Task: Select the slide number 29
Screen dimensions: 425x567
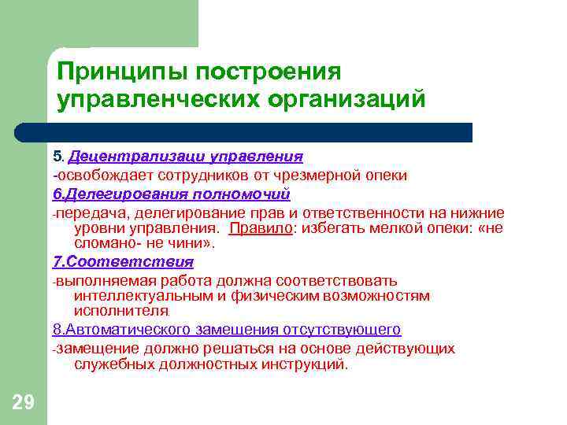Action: pyautogui.click(x=24, y=403)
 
